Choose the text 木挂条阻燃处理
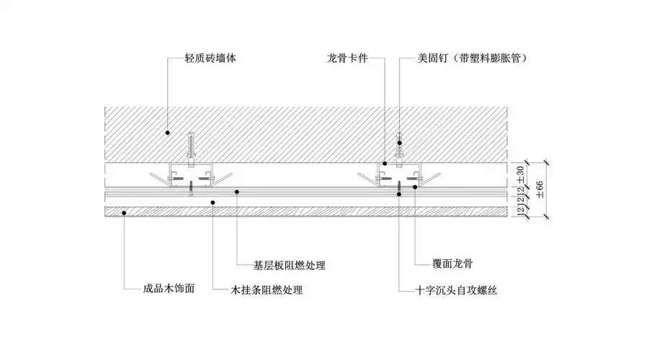(267, 291)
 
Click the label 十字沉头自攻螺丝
(457, 291)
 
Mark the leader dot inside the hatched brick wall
(167, 132)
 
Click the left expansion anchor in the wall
(192, 147)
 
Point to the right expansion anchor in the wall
(401, 147)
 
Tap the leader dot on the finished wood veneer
(125, 211)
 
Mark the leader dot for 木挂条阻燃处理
(213, 202)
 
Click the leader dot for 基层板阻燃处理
(239, 191)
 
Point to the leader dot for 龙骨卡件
(385, 163)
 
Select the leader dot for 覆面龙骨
(415, 187)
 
